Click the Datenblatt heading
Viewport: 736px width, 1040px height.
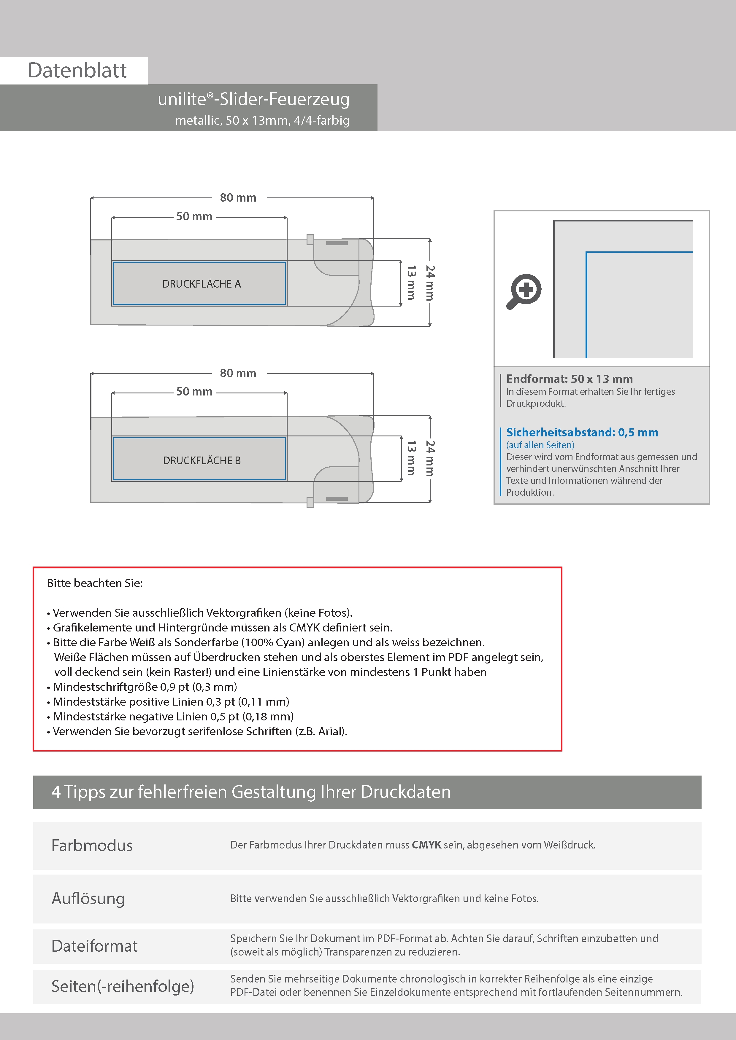(77, 71)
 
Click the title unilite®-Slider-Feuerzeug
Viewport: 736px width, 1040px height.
(253, 99)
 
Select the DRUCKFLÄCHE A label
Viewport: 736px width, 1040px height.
(201, 284)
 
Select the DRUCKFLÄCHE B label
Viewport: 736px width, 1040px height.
(201, 461)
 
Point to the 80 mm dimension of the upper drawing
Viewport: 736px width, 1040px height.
(238, 198)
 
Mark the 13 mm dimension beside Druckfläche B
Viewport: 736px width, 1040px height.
(411, 458)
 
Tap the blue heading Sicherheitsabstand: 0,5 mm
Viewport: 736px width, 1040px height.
(582, 432)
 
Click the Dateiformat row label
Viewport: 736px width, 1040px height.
(94, 946)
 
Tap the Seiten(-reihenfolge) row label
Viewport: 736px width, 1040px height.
(123, 986)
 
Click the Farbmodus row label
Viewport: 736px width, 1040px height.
(92, 846)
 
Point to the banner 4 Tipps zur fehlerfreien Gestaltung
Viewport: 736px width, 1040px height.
(251, 792)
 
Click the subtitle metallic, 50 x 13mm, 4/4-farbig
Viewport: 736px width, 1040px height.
(262, 120)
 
